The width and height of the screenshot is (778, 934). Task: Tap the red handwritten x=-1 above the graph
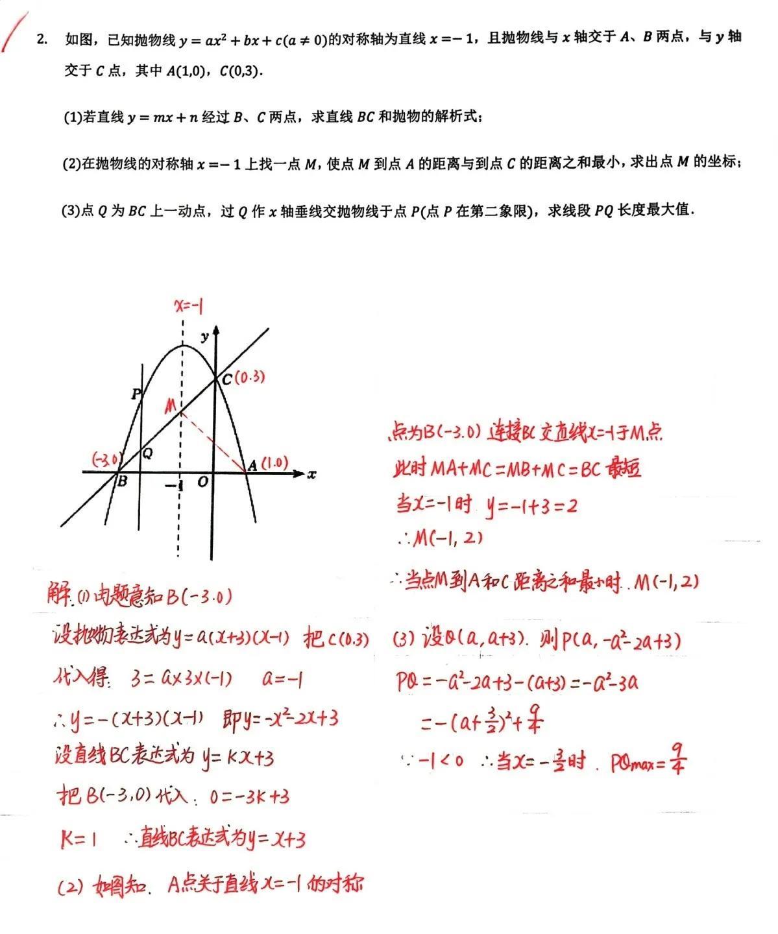(189, 306)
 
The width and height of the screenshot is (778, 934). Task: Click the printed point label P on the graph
(136, 394)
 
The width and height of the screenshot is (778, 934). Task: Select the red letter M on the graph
(171, 406)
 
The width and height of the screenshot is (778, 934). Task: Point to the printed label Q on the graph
(148, 453)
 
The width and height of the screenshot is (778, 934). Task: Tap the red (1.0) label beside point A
(274, 462)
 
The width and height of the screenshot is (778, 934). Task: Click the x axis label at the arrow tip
(312, 474)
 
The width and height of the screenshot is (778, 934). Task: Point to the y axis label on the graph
(205, 336)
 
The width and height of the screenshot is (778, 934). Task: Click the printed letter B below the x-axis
(121, 482)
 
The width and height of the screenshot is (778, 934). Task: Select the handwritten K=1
(79, 840)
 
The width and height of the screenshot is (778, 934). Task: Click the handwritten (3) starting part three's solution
(404, 640)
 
